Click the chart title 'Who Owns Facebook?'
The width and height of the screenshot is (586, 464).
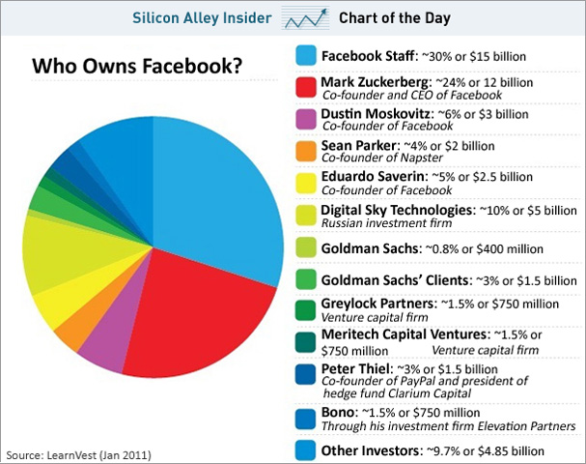137,67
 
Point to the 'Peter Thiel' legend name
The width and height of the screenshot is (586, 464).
355,368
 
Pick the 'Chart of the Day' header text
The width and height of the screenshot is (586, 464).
395,17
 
